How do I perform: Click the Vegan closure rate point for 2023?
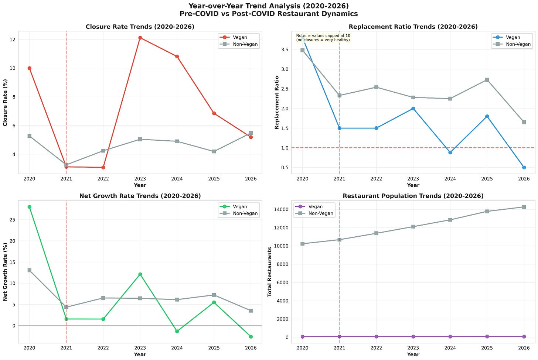click(140, 38)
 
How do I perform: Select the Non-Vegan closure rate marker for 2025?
click(214, 151)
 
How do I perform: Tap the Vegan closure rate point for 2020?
click(30, 68)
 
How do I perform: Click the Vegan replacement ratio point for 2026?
click(524, 167)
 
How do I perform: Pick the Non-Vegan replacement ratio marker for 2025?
click(487, 80)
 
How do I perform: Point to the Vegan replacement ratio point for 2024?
click(450, 152)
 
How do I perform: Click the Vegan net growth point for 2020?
click(30, 207)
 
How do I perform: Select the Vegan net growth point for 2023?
click(140, 274)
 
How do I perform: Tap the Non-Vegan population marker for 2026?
click(524, 207)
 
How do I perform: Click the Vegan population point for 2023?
click(413, 336)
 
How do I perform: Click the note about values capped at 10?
click(323, 38)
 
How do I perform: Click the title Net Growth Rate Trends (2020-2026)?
click(140, 196)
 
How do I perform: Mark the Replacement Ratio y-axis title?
click(277, 102)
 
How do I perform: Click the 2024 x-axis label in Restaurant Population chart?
click(450, 348)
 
